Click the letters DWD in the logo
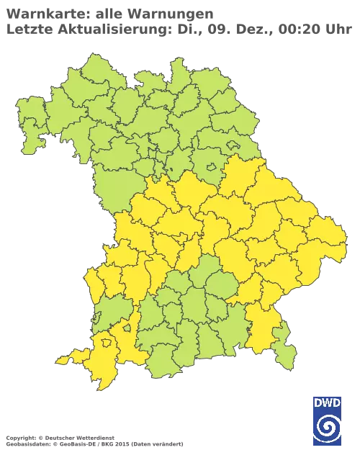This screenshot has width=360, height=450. click(x=327, y=402)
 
